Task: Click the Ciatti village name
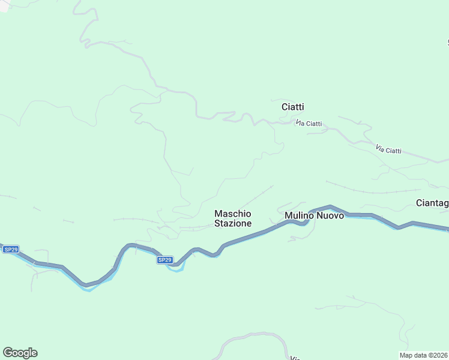pos(292,107)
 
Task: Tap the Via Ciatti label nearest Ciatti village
pos(309,124)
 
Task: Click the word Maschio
pos(233,214)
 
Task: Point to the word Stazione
pos(233,223)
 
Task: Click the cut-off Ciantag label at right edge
pos(432,203)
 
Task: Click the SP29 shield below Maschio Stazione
pos(165,260)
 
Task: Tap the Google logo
pos(20,353)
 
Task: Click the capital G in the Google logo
pos(8,353)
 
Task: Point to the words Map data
pos(412,355)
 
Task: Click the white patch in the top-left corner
pos(5,6)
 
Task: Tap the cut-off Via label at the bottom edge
pos(295,358)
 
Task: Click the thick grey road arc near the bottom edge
pos(252,335)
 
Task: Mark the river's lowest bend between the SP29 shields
pos(88,289)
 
